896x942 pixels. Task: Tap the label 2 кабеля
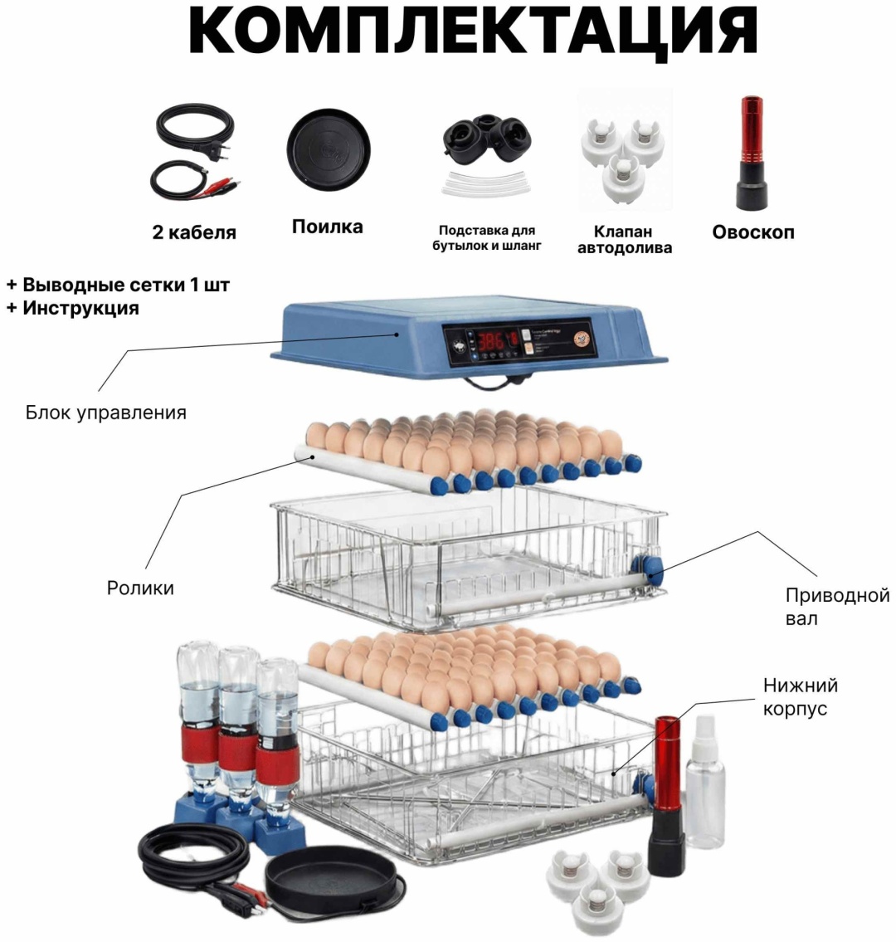(x=194, y=232)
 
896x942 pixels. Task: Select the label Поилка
(x=328, y=227)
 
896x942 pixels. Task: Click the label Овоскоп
(x=753, y=232)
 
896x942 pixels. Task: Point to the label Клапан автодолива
(x=625, y=240)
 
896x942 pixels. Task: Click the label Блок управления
(x=105, y=412)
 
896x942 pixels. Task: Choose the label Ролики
(x=140, y=588)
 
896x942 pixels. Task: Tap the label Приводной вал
(x=837, y=607)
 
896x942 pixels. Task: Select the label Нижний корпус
(x=800, y=697)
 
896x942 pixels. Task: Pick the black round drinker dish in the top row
(x=328, y=150)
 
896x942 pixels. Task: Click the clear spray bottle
(x=705, y=782)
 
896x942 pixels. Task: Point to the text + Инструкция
(x=73, y=308)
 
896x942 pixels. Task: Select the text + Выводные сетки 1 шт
(x=119, y=284)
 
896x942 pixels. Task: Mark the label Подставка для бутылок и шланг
(x=487, y=238)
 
